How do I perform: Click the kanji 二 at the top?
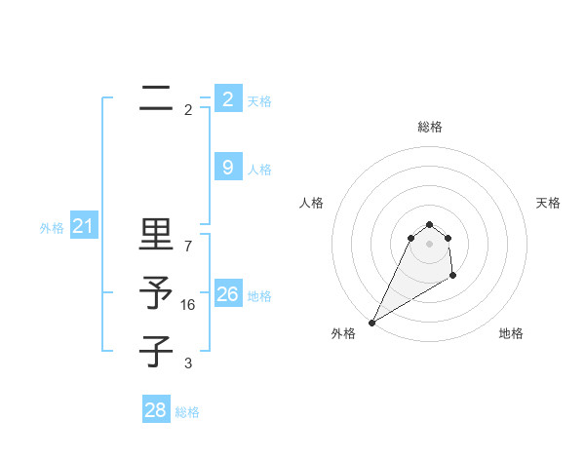(156, 97)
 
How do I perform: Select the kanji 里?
(156, 235)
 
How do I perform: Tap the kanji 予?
(156, 292)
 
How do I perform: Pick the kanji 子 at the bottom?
(156, 351)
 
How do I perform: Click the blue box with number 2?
(227, 99)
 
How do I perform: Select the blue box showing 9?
(227, 168)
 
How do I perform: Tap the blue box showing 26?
(227, 294)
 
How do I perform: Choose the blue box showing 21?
(83, 227)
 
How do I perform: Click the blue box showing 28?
(155, 410)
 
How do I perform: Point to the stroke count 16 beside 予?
(188, 305)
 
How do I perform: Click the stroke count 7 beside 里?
(188, 246)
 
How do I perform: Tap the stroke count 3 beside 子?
(188, 363)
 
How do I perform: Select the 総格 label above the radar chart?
(429, 127)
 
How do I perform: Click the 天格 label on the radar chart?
(548, 203)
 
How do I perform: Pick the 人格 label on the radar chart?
(311, 203)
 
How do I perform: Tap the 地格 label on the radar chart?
(511, 333)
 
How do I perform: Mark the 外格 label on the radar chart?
(343, 333)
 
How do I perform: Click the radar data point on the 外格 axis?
(371, 323)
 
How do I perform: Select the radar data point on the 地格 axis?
(452, 276)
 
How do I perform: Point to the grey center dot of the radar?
(429, 244)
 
